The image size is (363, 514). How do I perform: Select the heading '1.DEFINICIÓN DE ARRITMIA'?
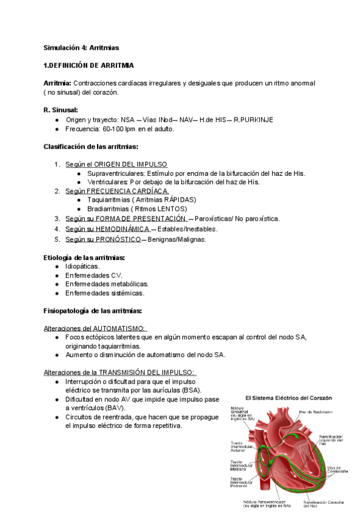coord(88,65)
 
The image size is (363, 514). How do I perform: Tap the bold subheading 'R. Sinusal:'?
coord(61,110)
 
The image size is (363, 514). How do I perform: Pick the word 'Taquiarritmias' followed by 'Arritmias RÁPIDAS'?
coord(107,200)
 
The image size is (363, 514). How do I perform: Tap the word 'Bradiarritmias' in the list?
coord(108,209)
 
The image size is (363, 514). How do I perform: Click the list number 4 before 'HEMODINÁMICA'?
coord(57,229)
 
